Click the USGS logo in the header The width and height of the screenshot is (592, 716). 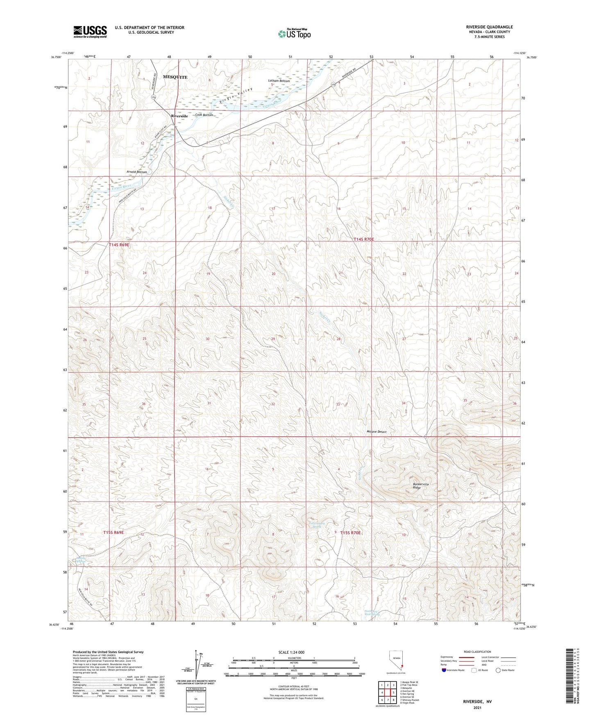pos(90,32)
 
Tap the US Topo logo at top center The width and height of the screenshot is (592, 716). pos(294,34)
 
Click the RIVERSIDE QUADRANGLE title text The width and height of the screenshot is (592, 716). pos(489,27)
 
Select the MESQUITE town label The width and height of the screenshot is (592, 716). pos(175,77)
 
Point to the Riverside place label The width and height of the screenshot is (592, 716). pos(179,116)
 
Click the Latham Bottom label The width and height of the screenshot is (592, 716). pos(279,81)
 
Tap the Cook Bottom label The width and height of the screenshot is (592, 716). pos(204,115)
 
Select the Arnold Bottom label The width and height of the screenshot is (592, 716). pos(136,172)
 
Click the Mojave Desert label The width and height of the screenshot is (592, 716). pos(376,432)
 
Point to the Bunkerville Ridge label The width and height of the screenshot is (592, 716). pos(421,486)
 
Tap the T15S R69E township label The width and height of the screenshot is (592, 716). pos(113,532)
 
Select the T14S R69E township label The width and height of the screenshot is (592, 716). pos(119,245)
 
